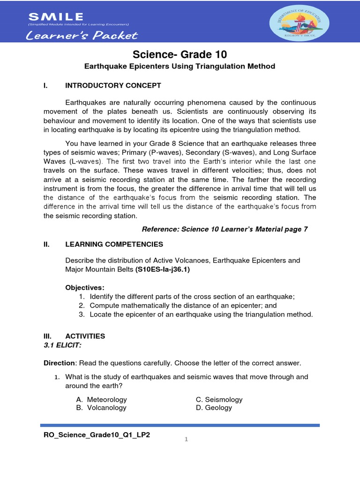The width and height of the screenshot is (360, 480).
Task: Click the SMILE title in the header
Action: pyautogui.click(x=56, y=17)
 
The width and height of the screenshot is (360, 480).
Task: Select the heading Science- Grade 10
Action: pyautogui.click(x=180, y=54)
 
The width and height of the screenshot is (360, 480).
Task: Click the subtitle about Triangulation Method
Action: pyautogui.click(x=180, y=67)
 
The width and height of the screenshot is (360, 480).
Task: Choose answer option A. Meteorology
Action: pyautogui.click(x=101, y=400)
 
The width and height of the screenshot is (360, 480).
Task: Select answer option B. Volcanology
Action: pyautogui.click(x=101, y=408)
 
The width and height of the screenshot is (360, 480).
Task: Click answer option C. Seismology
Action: pyautogui.click(x=219, y=400)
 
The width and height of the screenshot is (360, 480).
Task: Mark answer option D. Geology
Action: pyautogui.click(x=214, y=408)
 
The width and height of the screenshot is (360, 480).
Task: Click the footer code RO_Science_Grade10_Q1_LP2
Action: pyautogui.click(x=97, y=435)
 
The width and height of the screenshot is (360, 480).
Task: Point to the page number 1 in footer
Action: pyautogui.click(x=186, y=439)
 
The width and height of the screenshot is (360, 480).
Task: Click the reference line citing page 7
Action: pyautogui.click(x=225, y=229)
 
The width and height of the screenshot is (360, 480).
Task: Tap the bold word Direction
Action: pyautogui.click(x=59, y=363)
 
